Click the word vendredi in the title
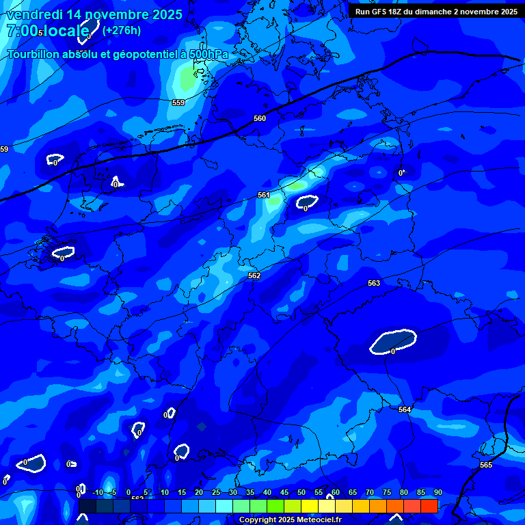37,14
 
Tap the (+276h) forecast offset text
121,30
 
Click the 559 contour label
178,103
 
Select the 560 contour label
260,118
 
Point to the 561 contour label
264,195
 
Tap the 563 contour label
373,283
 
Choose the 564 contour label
405,409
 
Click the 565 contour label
485,465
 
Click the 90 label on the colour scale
437,492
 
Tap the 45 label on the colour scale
284,492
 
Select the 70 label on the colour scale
369,492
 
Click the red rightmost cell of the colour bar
429,506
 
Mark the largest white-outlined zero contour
393,341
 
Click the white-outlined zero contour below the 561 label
307,202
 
